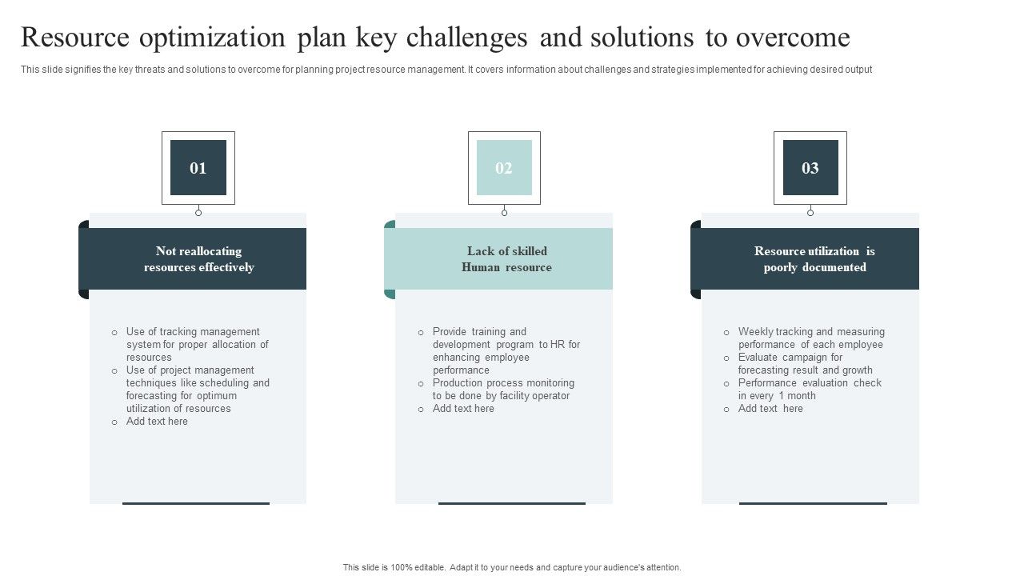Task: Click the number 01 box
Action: click(198, 168)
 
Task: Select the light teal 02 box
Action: click(504, 168)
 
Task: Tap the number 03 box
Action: click(810, 168)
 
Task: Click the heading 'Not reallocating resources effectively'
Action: click(198, 259)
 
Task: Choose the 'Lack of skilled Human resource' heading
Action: click(506, 259)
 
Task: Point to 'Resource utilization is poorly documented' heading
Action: click(814, 259)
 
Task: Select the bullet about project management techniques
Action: click(197, 389)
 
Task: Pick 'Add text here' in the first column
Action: click(157, 422)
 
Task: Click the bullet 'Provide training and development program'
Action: click(506, 350)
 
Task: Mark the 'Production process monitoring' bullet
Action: click(502, 389)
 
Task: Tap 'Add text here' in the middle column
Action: click(463, 409)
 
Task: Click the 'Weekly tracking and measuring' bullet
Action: click(810, 338)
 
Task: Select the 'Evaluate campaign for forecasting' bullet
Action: click(805, 363)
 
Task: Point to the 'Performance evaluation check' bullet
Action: click(810, 389)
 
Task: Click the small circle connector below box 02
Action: click(504, 213)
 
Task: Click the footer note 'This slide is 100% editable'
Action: click(512, 567)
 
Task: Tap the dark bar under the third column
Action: click(813, 503)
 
